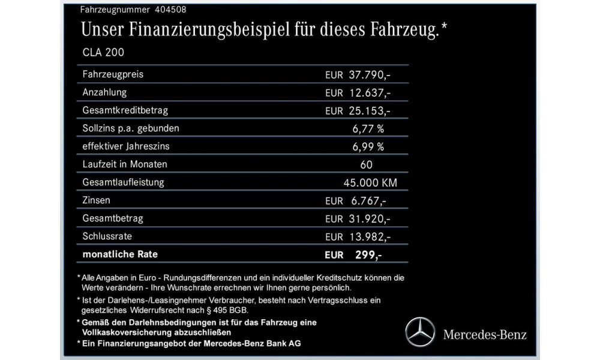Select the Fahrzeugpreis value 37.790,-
370,75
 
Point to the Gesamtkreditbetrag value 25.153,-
370,111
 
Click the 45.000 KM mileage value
368,182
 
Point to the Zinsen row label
97,200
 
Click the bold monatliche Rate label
120,254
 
